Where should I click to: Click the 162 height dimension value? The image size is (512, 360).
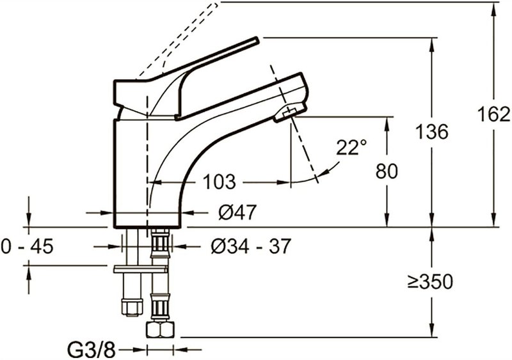(x=493, y=114)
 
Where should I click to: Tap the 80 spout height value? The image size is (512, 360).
(x=387, y=171)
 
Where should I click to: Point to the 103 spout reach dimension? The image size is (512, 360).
(x=219, y=182)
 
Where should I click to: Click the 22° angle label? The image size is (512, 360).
(x=351, y=147)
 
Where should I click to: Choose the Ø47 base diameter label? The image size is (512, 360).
(x=237, y=212)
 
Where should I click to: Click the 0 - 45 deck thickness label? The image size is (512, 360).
(x=27, y=246)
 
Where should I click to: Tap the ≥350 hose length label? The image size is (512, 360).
(x=430, y=281)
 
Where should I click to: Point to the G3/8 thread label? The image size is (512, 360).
(x=92, y=350)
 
